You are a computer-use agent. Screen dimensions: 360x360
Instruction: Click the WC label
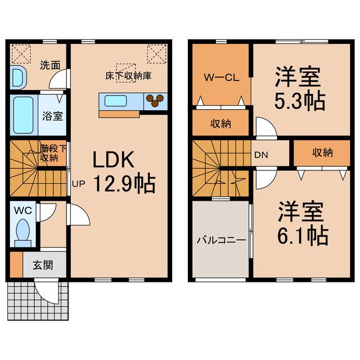[x=23, y=211]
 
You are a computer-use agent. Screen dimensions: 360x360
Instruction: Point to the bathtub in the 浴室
[x=23, y=114]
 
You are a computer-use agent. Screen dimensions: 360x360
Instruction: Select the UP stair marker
[x=78, y=183]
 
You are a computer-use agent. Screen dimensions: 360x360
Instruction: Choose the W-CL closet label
[x=220, y=77]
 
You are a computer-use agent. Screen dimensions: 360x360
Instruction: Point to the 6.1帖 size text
[x=301, y=236]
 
